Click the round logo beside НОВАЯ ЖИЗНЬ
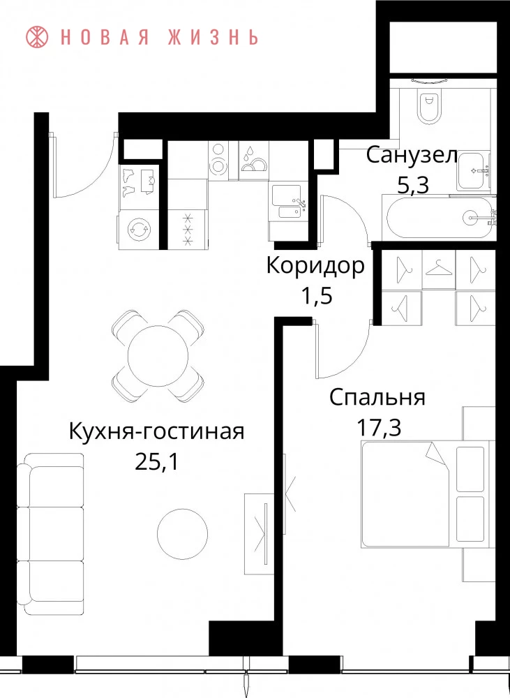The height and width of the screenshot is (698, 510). pos(38,37)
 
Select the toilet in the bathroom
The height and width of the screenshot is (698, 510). pos(430,106)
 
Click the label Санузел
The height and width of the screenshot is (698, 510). pos(412,156)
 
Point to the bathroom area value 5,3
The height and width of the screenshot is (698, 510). pos(412,185)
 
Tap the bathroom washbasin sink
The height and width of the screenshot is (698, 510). pos(474,170)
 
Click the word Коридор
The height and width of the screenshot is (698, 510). pos(315,266)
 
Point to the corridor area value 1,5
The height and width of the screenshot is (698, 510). pos(317,295)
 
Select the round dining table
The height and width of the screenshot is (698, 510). pos(158,356)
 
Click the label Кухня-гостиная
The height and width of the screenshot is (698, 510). pos(157,431)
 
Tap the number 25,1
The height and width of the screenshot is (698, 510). pos(157,462)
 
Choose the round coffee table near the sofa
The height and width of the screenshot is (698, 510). pos(183,534)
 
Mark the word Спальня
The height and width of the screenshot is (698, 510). pos(377,398)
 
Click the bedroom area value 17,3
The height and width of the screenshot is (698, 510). pos(379,427)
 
